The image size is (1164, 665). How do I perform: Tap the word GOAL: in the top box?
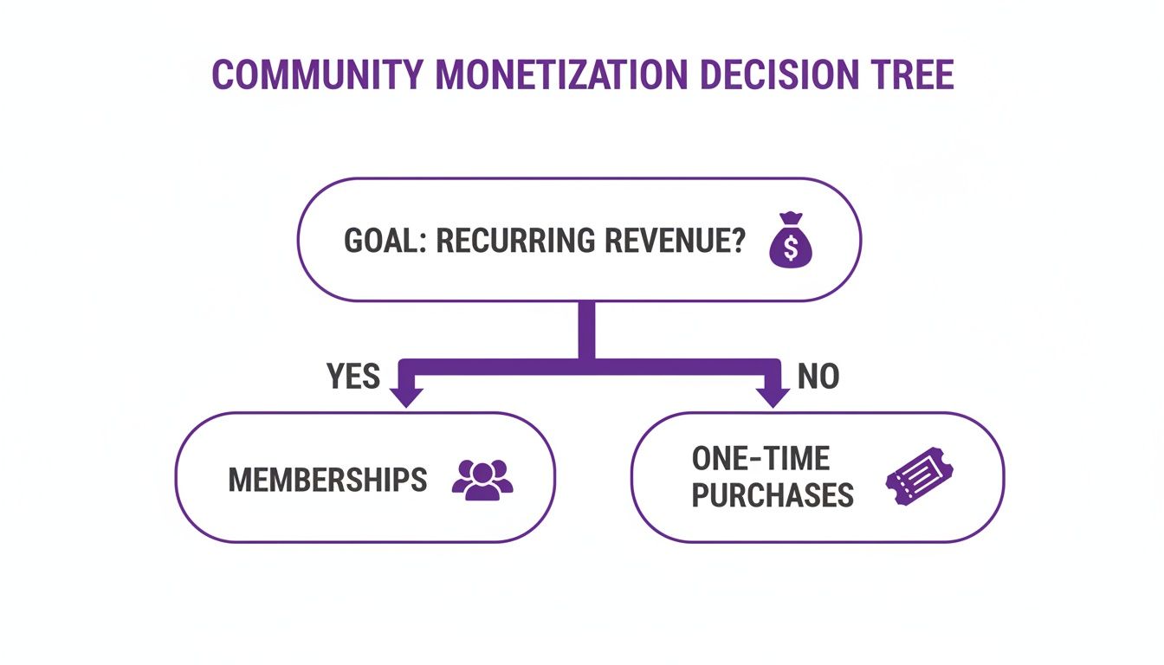click(x=385, y=241)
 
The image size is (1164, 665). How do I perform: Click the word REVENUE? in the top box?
click(x=681, y=241)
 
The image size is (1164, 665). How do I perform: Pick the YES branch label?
click(x=352, y=377)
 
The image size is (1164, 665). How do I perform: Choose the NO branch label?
click(x=818, y=377)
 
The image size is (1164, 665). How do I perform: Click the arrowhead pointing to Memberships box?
click(x=406, y=396)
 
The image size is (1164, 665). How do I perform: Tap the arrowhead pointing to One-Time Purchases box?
click(x=773, y=396)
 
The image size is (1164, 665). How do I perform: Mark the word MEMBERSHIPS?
click(x=327, y=480)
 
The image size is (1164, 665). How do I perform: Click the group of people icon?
click(x=482, y=480)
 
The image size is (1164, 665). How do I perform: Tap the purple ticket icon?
click(x=919, y=477)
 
